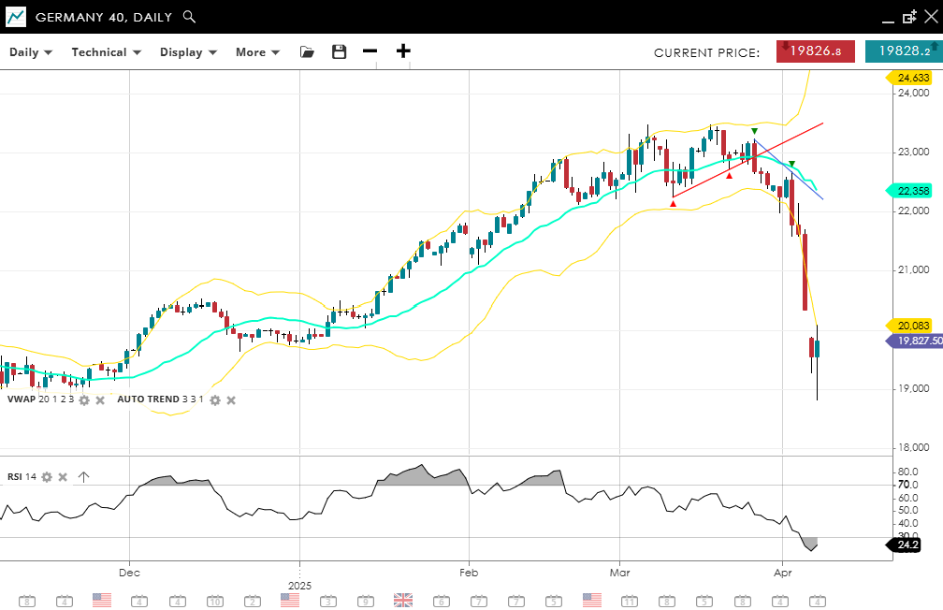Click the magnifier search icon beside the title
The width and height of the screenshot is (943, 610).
189,17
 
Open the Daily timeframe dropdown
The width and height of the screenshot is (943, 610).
31,52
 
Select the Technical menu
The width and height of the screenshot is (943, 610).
106,52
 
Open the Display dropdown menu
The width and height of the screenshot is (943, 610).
188,52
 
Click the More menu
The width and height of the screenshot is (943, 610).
257,52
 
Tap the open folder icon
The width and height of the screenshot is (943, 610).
307,52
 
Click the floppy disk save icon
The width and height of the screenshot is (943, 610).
340,52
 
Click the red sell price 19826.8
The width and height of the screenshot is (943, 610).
815,52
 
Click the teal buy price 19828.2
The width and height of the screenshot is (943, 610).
903,52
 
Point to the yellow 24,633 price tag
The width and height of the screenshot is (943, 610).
912,78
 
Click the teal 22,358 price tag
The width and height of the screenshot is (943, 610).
912,191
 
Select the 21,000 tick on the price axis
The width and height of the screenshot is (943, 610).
913,270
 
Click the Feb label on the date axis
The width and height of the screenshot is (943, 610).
469,571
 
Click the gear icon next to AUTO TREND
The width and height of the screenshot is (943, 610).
214,399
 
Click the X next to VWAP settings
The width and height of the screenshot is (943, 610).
100,399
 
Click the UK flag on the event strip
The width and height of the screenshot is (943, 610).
403,600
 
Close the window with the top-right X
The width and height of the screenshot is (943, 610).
929,17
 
